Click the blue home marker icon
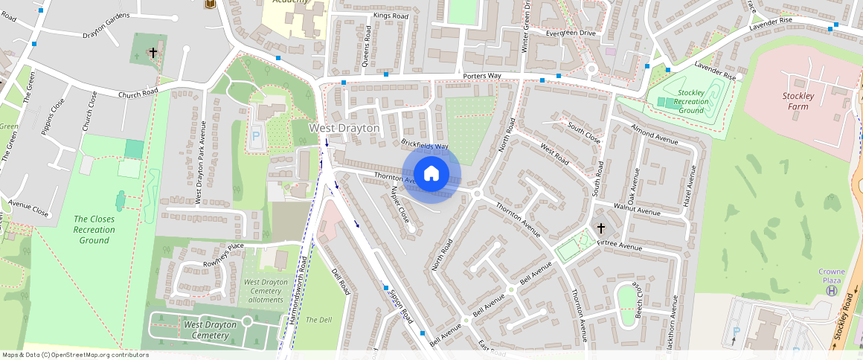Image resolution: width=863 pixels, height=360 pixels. [431, 174]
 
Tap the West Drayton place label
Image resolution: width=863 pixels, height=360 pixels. [344, 128]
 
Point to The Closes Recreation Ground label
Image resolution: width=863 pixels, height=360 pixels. [94, 229]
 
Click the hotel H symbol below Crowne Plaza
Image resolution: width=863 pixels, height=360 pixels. [831, 290]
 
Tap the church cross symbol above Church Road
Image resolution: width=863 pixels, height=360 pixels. [153, 52]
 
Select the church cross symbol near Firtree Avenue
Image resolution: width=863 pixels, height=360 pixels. [600, 228]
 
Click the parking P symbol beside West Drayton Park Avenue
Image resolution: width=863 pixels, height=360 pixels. [257, 137]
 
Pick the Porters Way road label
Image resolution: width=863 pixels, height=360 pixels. [481, 76]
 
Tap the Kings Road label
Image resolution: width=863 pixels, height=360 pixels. [391, 15]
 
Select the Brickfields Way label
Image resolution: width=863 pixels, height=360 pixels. [425, 144]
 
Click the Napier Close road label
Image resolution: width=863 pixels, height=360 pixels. [400, 204]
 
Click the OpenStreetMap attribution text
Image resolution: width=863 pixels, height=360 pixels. [75, 355]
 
